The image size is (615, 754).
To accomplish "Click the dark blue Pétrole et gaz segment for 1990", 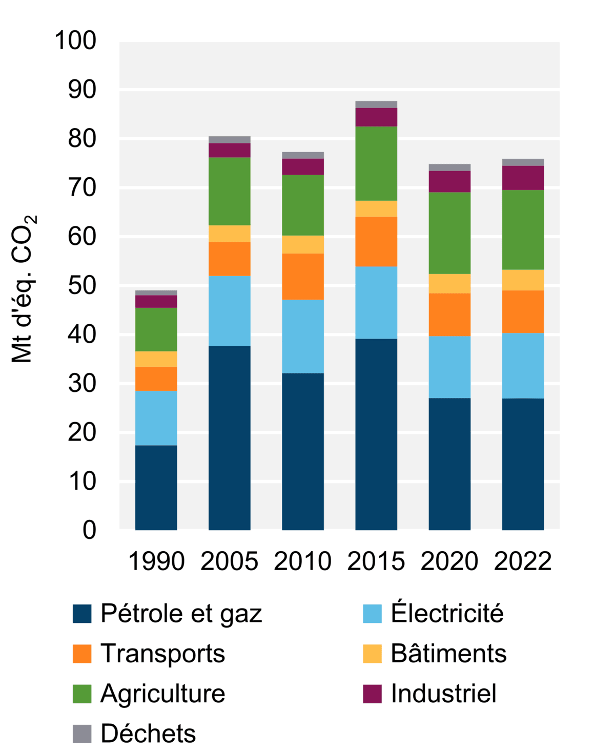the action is (x=156, y=487).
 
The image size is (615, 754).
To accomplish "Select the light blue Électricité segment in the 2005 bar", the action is (x=229, y=311).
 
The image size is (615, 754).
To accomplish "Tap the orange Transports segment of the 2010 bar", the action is (x=303, y=277).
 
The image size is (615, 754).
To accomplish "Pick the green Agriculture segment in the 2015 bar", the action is (x=376, y=163).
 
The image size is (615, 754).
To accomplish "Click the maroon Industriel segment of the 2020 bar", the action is (x=449, y=182).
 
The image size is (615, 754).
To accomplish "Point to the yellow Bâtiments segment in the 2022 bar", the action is (x=523, y=280).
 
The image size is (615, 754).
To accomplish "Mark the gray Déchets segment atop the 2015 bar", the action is (x=376, y=104).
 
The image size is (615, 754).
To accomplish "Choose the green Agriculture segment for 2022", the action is (x=523, y=229).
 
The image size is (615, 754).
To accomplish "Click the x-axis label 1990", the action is (x=156, y=561).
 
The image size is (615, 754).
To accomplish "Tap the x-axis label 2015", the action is (x=376, y=561).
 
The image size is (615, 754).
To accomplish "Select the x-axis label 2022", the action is (x=523, y=561).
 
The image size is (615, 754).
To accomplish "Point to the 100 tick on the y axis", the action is (x=75, y=40).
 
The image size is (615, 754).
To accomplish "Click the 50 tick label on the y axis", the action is (x=82, y=285).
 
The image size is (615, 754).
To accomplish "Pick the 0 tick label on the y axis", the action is (x=90, y=530).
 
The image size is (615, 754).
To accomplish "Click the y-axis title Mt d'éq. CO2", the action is (x=24, y=289).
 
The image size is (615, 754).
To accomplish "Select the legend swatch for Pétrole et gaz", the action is (x=82, y=614).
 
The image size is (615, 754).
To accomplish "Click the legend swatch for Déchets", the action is (x=82, y=734).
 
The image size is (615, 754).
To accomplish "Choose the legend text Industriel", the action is (x=444, y=694).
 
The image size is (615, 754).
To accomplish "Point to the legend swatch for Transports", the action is (x=82, y=654).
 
